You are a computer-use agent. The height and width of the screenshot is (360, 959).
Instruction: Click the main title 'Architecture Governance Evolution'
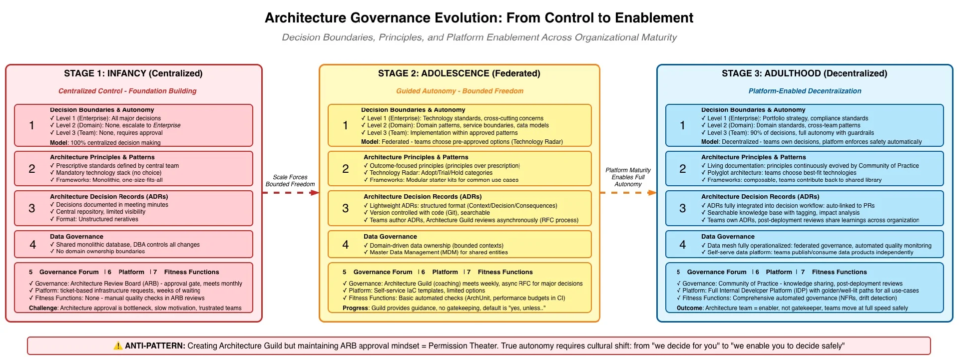coord(479,18)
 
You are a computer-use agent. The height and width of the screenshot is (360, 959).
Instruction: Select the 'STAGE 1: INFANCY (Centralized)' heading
coord(133,73)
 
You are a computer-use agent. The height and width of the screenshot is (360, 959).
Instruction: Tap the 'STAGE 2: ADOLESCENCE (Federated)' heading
coord(459,73)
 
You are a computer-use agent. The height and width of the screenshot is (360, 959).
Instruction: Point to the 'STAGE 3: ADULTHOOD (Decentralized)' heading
coord(804,73)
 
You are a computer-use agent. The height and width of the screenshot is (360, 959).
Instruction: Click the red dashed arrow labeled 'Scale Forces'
coord(290,193)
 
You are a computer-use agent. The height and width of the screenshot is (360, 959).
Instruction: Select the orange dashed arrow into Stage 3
coord(628,193)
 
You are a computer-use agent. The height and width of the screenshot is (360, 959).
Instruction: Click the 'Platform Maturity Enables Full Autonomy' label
coord(628,177)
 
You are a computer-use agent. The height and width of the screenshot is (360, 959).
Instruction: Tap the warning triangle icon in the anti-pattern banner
coord(118,346)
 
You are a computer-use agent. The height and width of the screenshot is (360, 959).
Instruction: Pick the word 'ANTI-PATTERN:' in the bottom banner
coord(155,346)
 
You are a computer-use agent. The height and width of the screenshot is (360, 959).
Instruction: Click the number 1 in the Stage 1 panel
coord(31,125)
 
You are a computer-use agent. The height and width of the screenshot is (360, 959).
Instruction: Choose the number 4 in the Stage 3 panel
coord(682,245)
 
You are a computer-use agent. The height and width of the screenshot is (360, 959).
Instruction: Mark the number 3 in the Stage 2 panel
coord(345,208)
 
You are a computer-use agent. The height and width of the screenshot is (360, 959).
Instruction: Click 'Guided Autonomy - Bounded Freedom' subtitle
coord(460,91)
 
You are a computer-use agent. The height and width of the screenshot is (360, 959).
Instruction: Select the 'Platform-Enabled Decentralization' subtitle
coord(805,91)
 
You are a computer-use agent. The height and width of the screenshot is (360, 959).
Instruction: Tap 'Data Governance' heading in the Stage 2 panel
coord(390,237)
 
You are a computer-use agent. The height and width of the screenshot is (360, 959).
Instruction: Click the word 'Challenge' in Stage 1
coord(43,308)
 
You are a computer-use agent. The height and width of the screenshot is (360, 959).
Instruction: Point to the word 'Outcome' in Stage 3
coord(689,308)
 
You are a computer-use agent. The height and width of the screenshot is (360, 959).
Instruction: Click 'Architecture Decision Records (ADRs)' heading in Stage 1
coord(109,197)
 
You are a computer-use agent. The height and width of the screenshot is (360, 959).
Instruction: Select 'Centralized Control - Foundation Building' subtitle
coord(127,91)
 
